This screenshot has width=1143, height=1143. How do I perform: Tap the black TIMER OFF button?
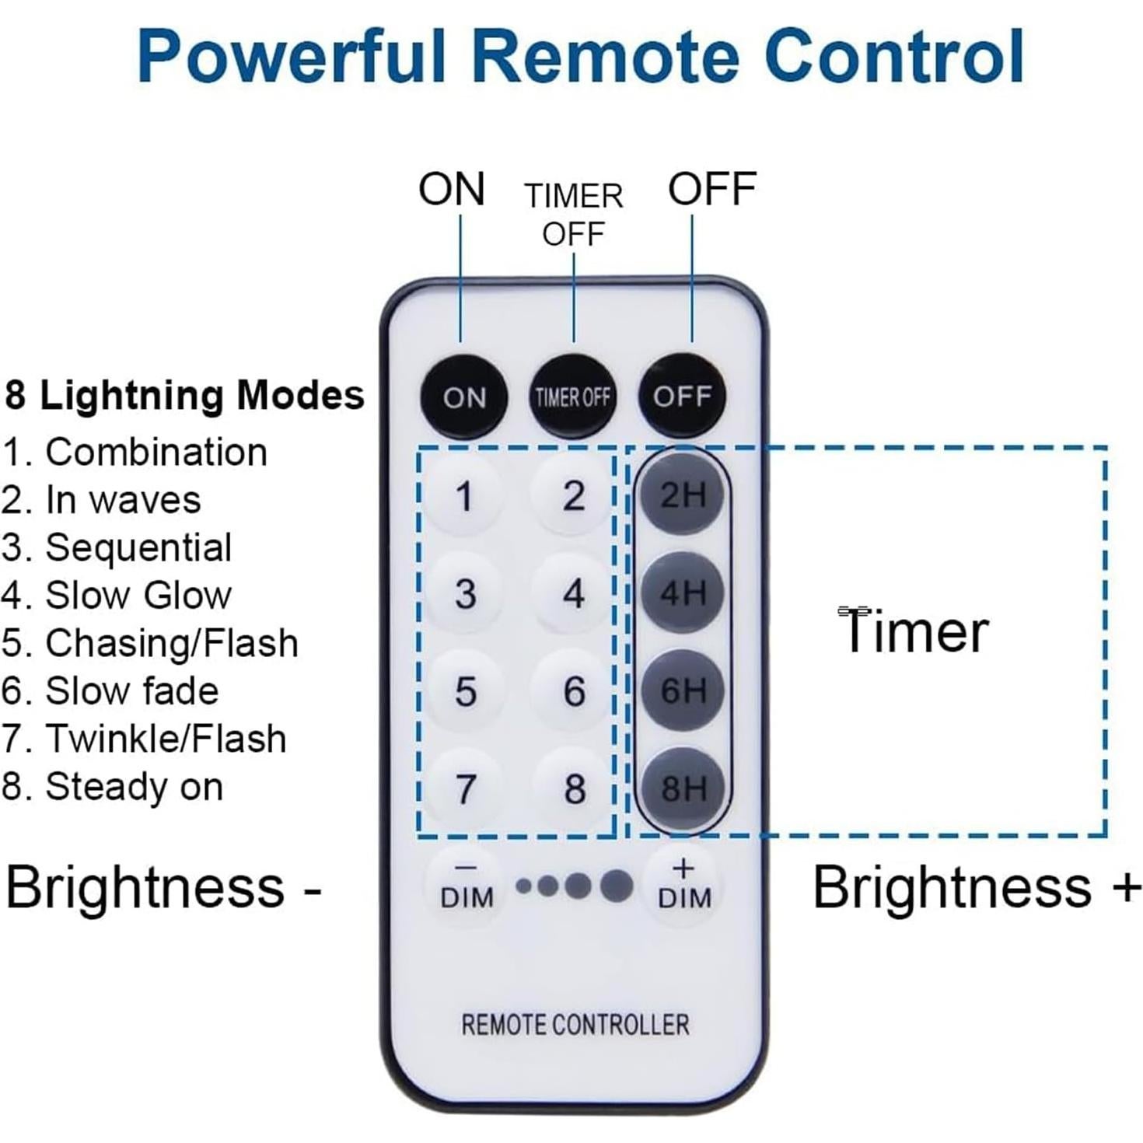[572, 397]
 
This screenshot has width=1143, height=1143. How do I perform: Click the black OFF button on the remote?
[682, 397]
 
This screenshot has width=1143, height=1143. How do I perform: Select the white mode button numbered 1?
[464, 496]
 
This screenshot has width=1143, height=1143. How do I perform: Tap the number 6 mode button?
[574, 691]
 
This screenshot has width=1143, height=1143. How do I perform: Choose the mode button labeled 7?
[464, 788]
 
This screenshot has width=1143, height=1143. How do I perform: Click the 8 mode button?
[574, 788]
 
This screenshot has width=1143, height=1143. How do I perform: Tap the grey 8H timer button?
[683, 788]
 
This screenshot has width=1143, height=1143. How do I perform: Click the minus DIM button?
[467, 886]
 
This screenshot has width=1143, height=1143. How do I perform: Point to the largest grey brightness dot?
[617, 886]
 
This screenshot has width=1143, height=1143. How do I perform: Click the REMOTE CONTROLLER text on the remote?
[575, 1025]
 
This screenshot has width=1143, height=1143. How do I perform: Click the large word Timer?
[914, 631]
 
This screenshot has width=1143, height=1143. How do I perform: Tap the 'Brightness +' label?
[975, 887]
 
